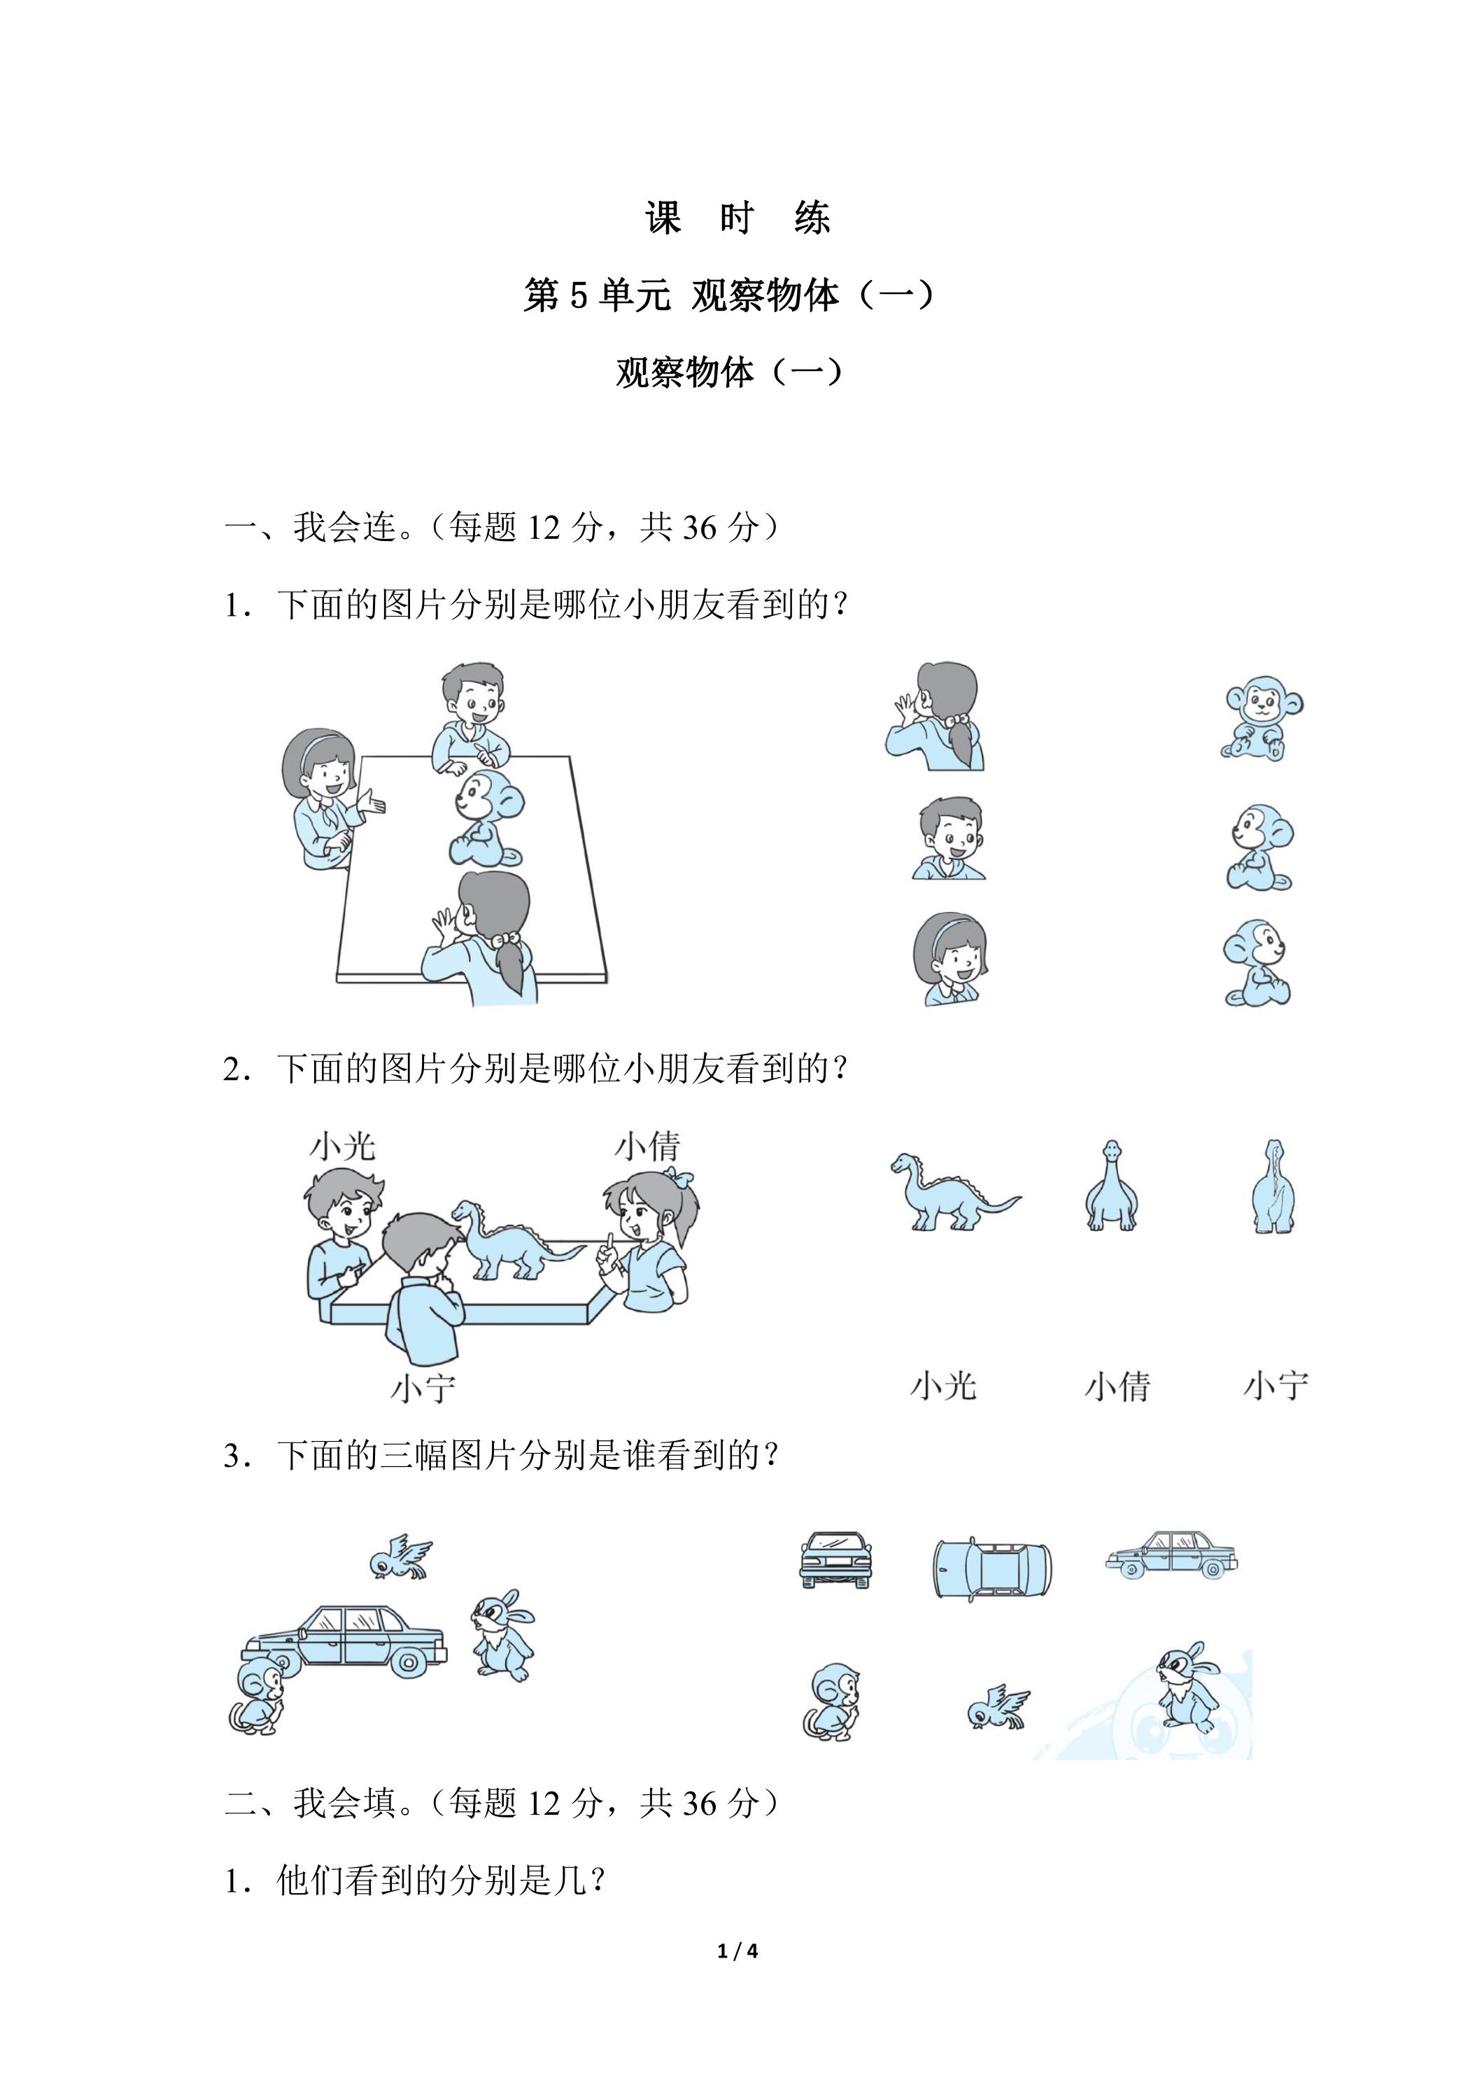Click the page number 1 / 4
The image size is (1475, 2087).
coord(737,1951)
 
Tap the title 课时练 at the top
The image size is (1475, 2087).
coord(737,218)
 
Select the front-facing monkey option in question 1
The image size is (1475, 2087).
coord(1262,718)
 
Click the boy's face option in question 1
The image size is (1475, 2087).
coord(950,838)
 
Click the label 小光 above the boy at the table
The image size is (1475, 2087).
coord(343,1146)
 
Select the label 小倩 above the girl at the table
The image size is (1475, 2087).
coord(648,1146)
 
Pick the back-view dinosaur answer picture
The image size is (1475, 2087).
coord(1274,1186)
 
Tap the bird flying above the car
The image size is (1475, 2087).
coord(400,1558)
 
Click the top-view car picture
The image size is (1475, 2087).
coord(992,1568)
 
